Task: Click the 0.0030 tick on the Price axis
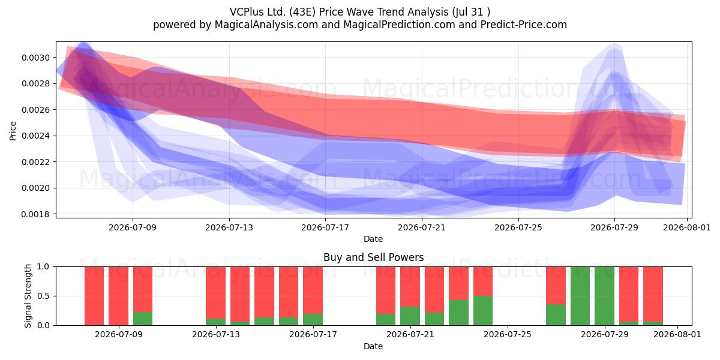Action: click(x=35, y=58)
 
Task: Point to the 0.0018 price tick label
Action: click(x=35, y=214)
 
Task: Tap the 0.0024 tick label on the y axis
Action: click(x=35, y=136)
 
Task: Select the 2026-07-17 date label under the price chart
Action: click(x=325, y=227)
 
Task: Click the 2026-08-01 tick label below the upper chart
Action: click(x=687, y=227)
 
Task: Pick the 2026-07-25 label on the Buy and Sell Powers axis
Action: click(x=508, y=334)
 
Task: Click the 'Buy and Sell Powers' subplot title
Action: click(x=373, y=257)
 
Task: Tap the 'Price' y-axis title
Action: click(x=13, y=131)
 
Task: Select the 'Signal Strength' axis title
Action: click(x=28, y=296)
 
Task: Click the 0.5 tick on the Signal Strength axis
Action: click(x=44, y=296)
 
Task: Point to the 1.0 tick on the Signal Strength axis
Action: click(x=44, y=267)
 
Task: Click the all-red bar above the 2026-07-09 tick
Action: click(x=118, y=296)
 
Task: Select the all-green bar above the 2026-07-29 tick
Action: click(x=604, y=296)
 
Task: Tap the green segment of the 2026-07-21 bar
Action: click(x=410, y=316)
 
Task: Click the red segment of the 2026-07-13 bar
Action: click(x=215, y=293)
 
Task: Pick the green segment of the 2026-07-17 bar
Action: click(x=313, y=319)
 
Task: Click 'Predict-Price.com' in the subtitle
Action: click(x=524, y=25)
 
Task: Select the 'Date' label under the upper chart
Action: click(x=373, y=239)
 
